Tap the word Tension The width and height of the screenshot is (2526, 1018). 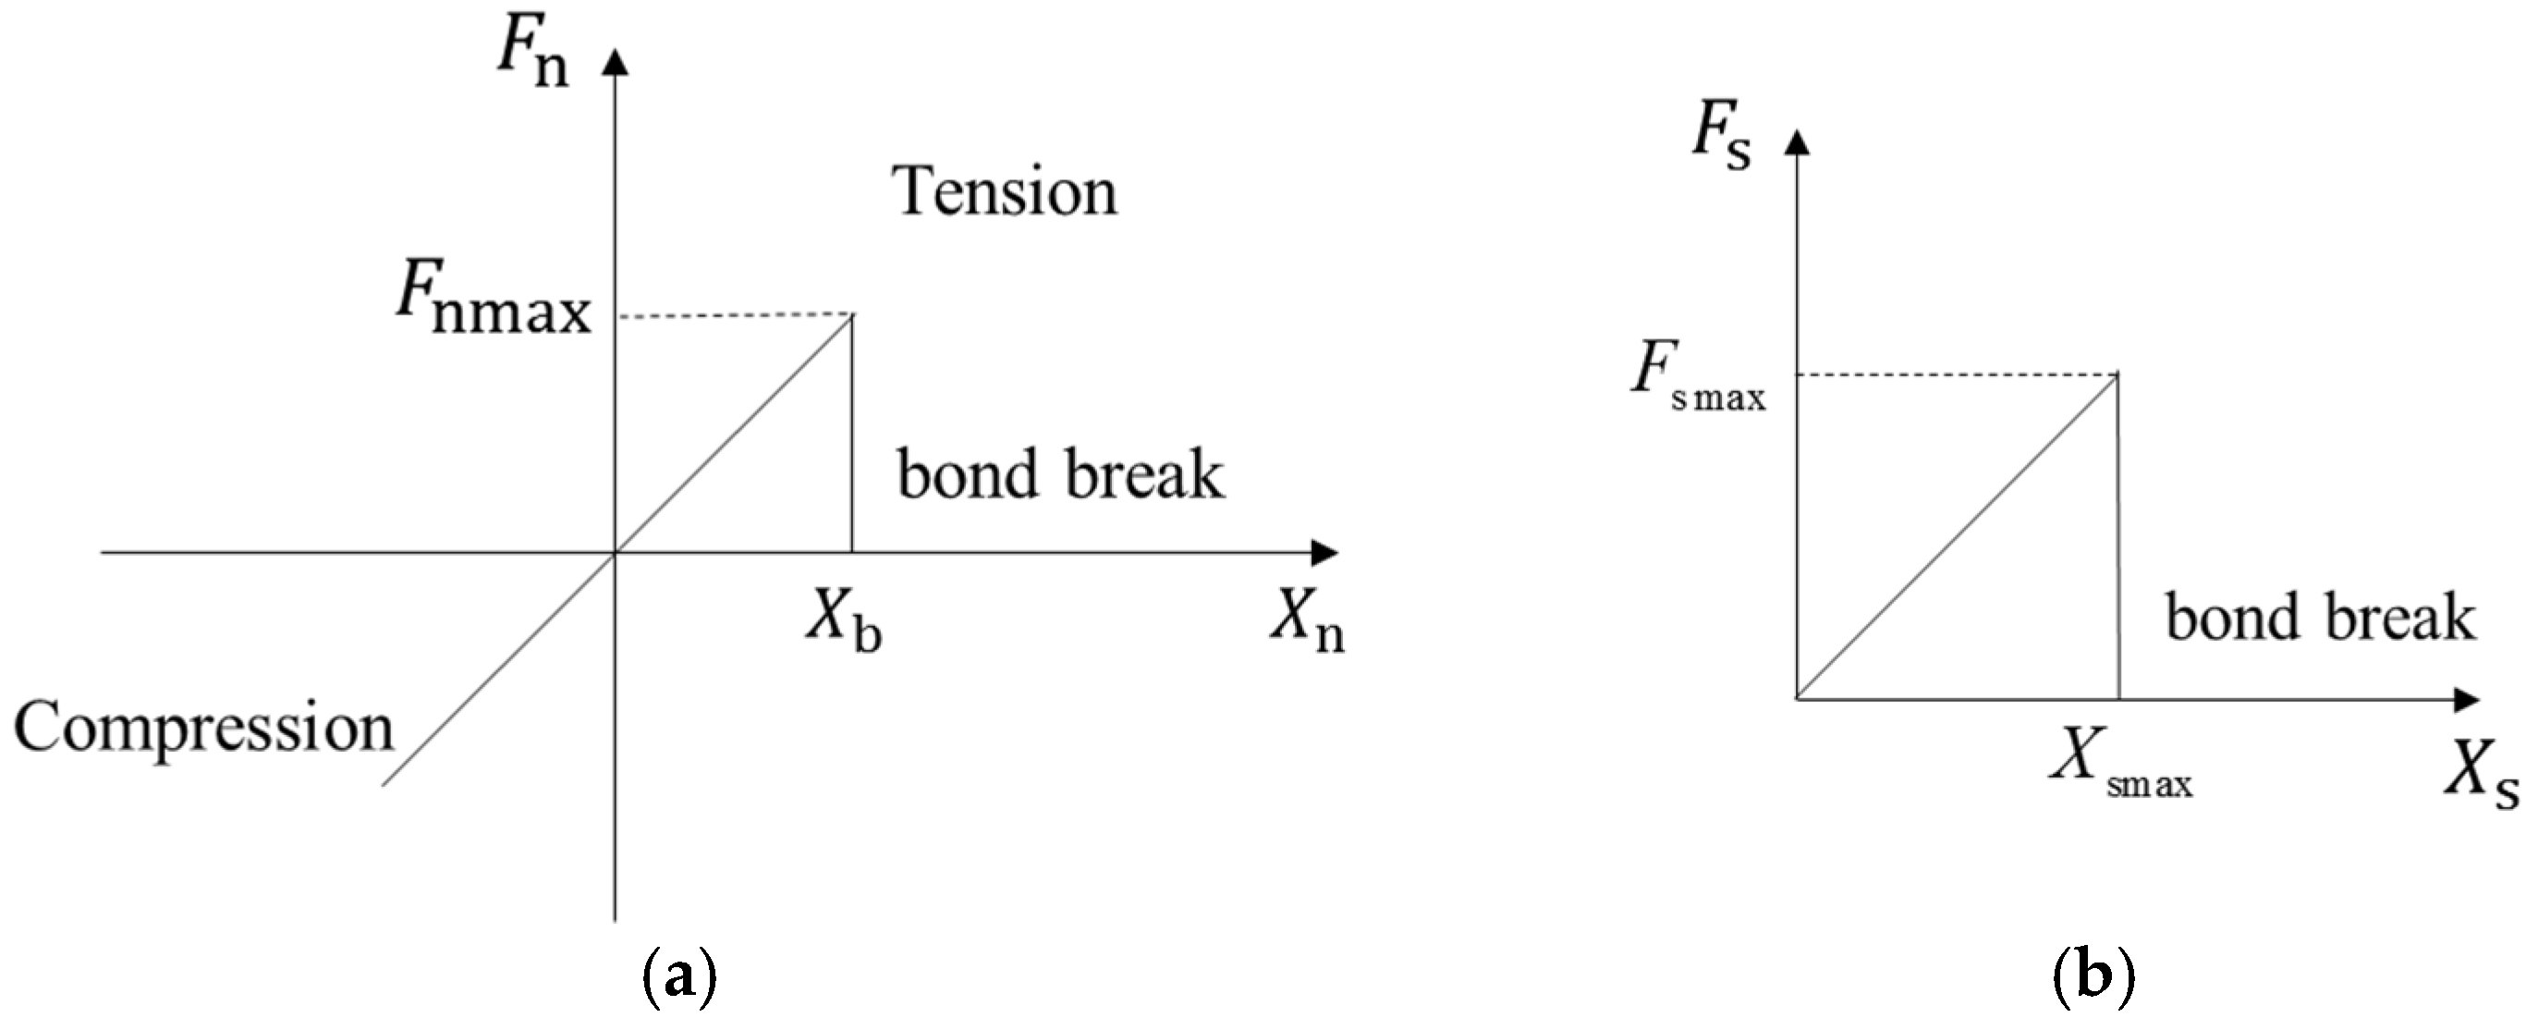1005,191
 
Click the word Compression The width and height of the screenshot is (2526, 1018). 203,729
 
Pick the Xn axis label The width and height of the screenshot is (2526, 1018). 1307,623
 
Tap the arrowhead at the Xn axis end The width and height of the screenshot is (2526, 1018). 1325,553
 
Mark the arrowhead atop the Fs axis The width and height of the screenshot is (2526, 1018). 1797,144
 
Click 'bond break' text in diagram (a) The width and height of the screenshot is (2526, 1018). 1061,475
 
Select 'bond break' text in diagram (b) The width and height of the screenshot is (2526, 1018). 2320,618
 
